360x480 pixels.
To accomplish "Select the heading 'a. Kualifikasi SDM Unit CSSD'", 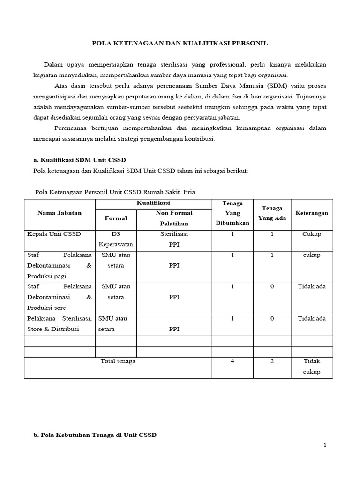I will (80, 160).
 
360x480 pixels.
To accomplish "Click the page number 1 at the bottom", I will (325, 445).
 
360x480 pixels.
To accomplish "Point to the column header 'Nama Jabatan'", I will (60, 213).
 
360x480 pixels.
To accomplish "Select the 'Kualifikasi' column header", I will (153, 203).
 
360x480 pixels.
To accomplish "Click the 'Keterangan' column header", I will (312, 213).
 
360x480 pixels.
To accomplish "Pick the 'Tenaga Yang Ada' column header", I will (272, 213).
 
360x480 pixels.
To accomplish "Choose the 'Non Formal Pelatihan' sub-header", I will (174, 218).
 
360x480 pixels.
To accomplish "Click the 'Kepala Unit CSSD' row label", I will (54, 234).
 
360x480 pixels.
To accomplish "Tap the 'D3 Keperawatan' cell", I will (116, 239).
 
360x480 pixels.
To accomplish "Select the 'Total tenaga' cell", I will (118, 361).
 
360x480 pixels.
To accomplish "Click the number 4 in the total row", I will (232, 361).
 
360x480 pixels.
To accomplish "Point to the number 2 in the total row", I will (272, 361).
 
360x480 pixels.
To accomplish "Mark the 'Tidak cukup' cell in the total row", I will (312, 367).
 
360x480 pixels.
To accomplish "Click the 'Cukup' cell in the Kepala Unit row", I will (312, 234).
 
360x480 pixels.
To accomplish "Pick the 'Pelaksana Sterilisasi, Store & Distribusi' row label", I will (60, 323).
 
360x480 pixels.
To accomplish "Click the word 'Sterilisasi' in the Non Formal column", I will (174, 234).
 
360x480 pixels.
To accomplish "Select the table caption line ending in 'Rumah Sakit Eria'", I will (115, 192).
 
